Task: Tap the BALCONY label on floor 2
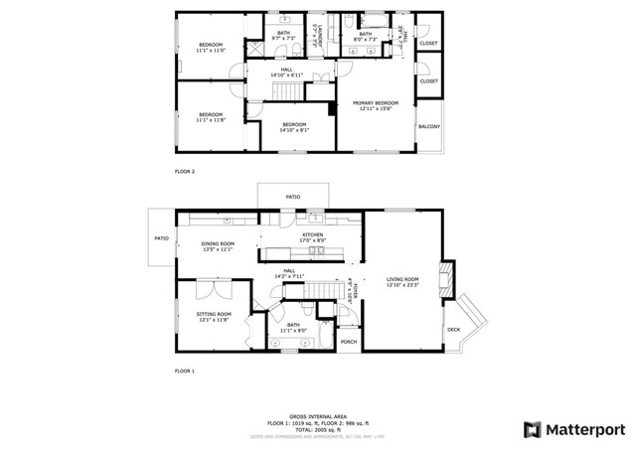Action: point(429,127)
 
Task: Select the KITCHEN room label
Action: point(313,234)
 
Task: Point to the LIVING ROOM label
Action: point(402,279)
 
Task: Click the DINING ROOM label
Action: point(218,243)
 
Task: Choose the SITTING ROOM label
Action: point(213,315)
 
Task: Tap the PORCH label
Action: point(349,342)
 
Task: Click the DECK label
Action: point(453,329)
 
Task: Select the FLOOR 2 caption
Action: point(185,172)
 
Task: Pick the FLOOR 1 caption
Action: point(185,371)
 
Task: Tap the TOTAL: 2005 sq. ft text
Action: point(317,428)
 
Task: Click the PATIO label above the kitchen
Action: point(293,197)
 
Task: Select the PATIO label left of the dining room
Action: point(161,238)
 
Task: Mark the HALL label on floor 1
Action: point(289,270)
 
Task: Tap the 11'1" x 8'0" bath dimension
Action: point(293,330)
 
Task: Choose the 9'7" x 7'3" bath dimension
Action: point(284,39)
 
